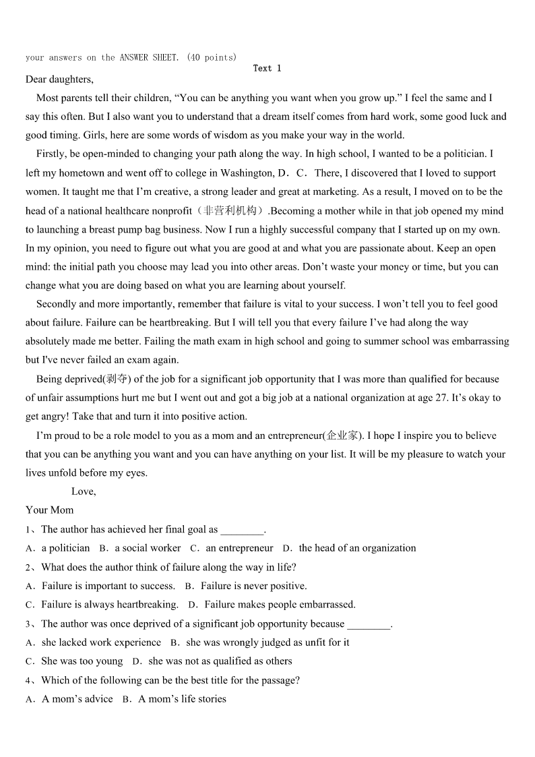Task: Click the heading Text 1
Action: [x=267, y=68]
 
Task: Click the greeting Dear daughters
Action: [x=59, y=80]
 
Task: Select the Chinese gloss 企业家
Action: [x=344, y=435]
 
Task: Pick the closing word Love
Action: [x=84, y=491]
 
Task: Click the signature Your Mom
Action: [x=50, y=510]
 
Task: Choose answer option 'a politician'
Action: [x=65, y=548]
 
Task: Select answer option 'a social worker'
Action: [x=148, y=548]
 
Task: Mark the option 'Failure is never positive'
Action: [x=253, y=586]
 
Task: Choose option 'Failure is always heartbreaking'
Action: [x=110, y=605]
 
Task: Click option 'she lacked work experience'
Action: [x=101, y=642]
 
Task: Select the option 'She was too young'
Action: [x=82, y=661]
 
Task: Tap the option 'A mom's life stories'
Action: [x=182, y=699]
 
